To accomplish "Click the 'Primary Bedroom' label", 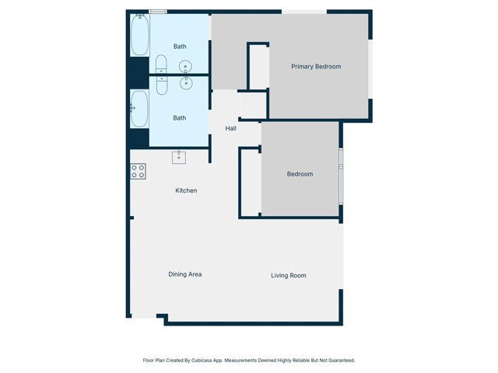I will (316, 67).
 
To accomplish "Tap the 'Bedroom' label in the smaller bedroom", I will (300, 174).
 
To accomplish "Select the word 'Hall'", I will (231, 128).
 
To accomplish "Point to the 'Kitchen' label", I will (186, 190).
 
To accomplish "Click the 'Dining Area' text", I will (185, 274).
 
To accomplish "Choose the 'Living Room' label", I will (288, 275).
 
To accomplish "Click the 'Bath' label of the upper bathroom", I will (180, 47).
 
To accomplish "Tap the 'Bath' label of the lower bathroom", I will (180, 118).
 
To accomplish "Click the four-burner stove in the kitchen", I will (138, 172).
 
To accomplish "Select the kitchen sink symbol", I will (179, 157).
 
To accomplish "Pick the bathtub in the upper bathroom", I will (140, 35).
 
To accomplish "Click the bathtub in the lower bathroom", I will (140, 109).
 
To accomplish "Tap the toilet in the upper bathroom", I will (161, 63).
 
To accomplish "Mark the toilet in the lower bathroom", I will (161, 84).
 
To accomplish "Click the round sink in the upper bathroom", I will (185, 66).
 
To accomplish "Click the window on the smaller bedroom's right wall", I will (341, 175).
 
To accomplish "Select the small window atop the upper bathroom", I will (158, 12).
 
